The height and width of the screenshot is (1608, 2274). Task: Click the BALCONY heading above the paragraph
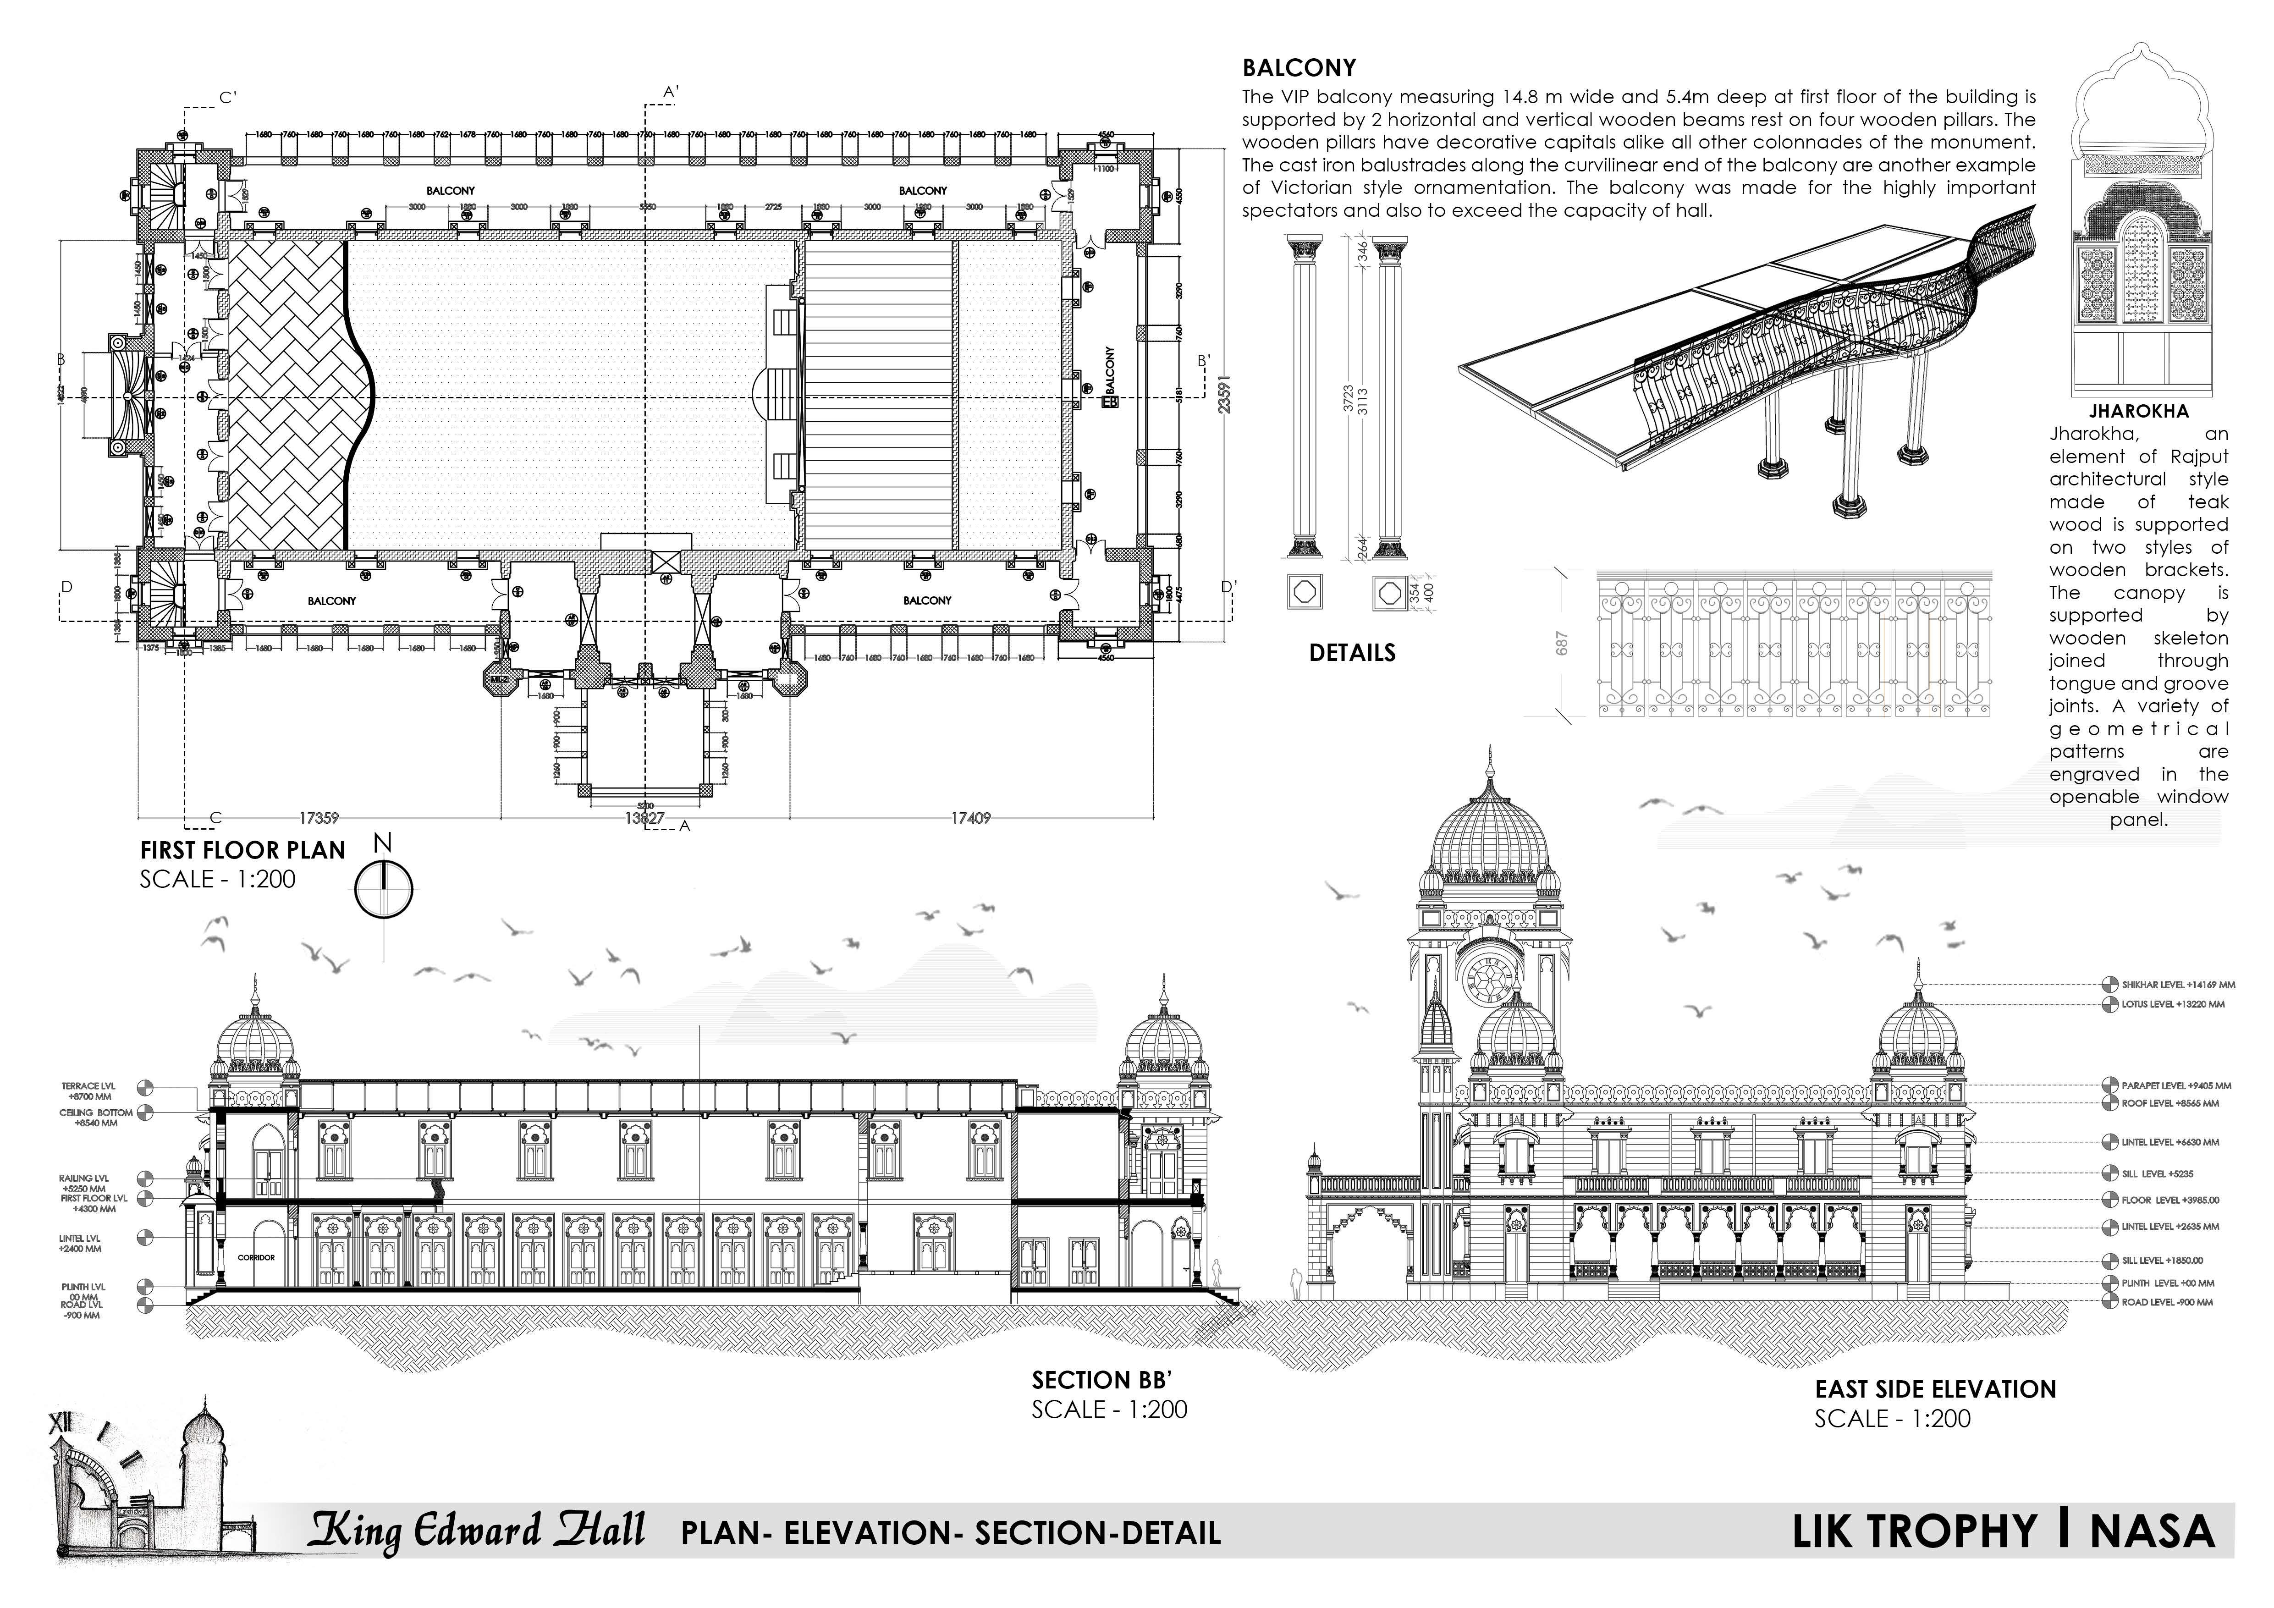(x=1299, y=68)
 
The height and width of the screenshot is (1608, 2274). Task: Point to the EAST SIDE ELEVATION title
(x=1935, y=1389)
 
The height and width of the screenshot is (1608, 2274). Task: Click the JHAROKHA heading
(x=2138, y=411)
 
